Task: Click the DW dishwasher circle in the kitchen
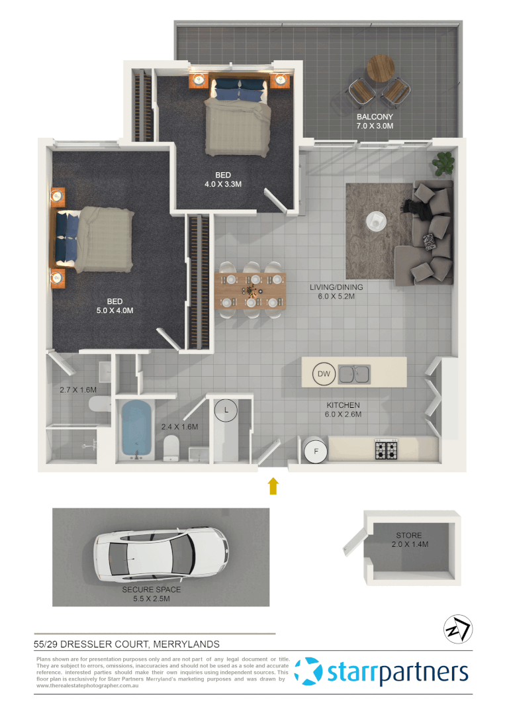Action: tap(324, 374)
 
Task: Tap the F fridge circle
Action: tap(316, 452)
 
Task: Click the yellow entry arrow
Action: tap(273, 487)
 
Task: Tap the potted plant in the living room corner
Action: tap(443, 161)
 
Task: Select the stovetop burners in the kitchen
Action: tap(387, 450)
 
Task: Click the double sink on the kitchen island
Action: tap(355, 374)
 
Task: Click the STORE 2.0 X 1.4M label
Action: tap(408, 540)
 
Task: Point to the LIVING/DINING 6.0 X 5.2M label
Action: tap(337, 292)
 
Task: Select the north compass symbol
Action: tap(457, 629)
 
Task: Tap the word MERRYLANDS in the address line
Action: tap(187, 643)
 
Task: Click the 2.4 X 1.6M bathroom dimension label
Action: tap(179, 427)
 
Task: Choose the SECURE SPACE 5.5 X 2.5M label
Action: tap(151, 594)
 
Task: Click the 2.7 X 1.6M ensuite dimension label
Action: tap(78, 390)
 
